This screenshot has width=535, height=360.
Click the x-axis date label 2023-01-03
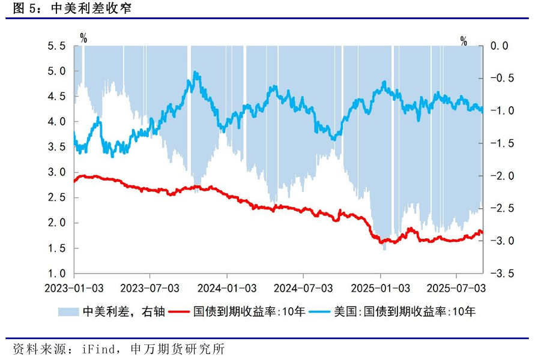coord(73,289)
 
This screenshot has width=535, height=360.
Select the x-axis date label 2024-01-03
coord(226,289)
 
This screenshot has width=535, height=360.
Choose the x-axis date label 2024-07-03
coord(303,289)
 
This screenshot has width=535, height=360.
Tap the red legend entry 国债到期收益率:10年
coord(249,311)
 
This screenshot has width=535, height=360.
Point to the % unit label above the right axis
coord(464,41)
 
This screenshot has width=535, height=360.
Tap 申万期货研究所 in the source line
coord(177,349)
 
